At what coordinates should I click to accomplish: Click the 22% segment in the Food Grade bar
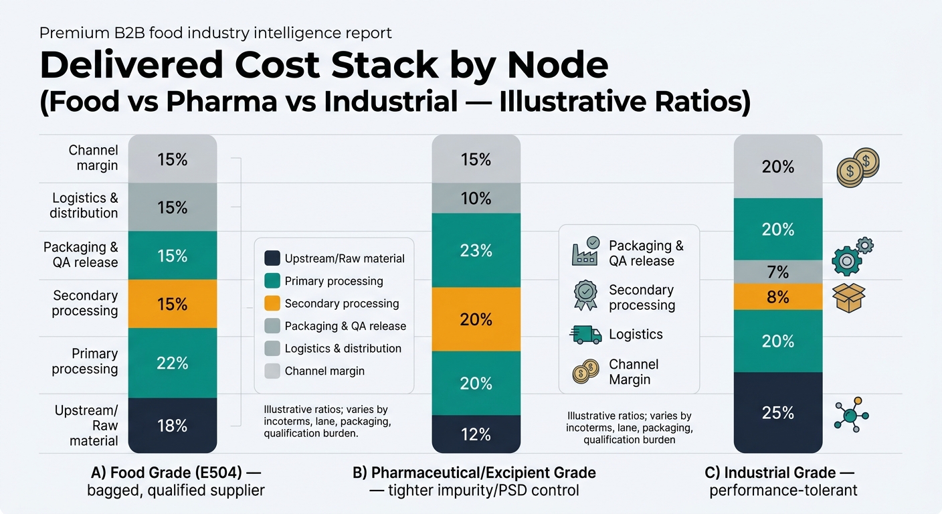pos(172,363)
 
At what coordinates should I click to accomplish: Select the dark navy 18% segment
pos(172,426)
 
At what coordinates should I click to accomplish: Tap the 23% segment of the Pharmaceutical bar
pos(476,250)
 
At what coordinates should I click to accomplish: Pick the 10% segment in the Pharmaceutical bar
pos(476,198)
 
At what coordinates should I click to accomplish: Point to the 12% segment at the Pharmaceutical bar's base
pos(476,434)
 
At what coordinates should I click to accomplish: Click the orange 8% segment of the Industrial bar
pos(777,296)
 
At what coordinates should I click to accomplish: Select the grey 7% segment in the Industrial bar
pos(777,272)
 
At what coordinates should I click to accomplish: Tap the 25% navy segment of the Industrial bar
pos(777,413)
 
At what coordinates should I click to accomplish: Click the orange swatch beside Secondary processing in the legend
pos(272,303)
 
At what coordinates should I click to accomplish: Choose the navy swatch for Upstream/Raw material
pos(272,258)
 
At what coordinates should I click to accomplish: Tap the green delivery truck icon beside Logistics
pos(585,334)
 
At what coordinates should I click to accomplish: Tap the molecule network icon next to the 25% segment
pos(851,414)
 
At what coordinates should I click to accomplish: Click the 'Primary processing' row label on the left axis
pos(85,361)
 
